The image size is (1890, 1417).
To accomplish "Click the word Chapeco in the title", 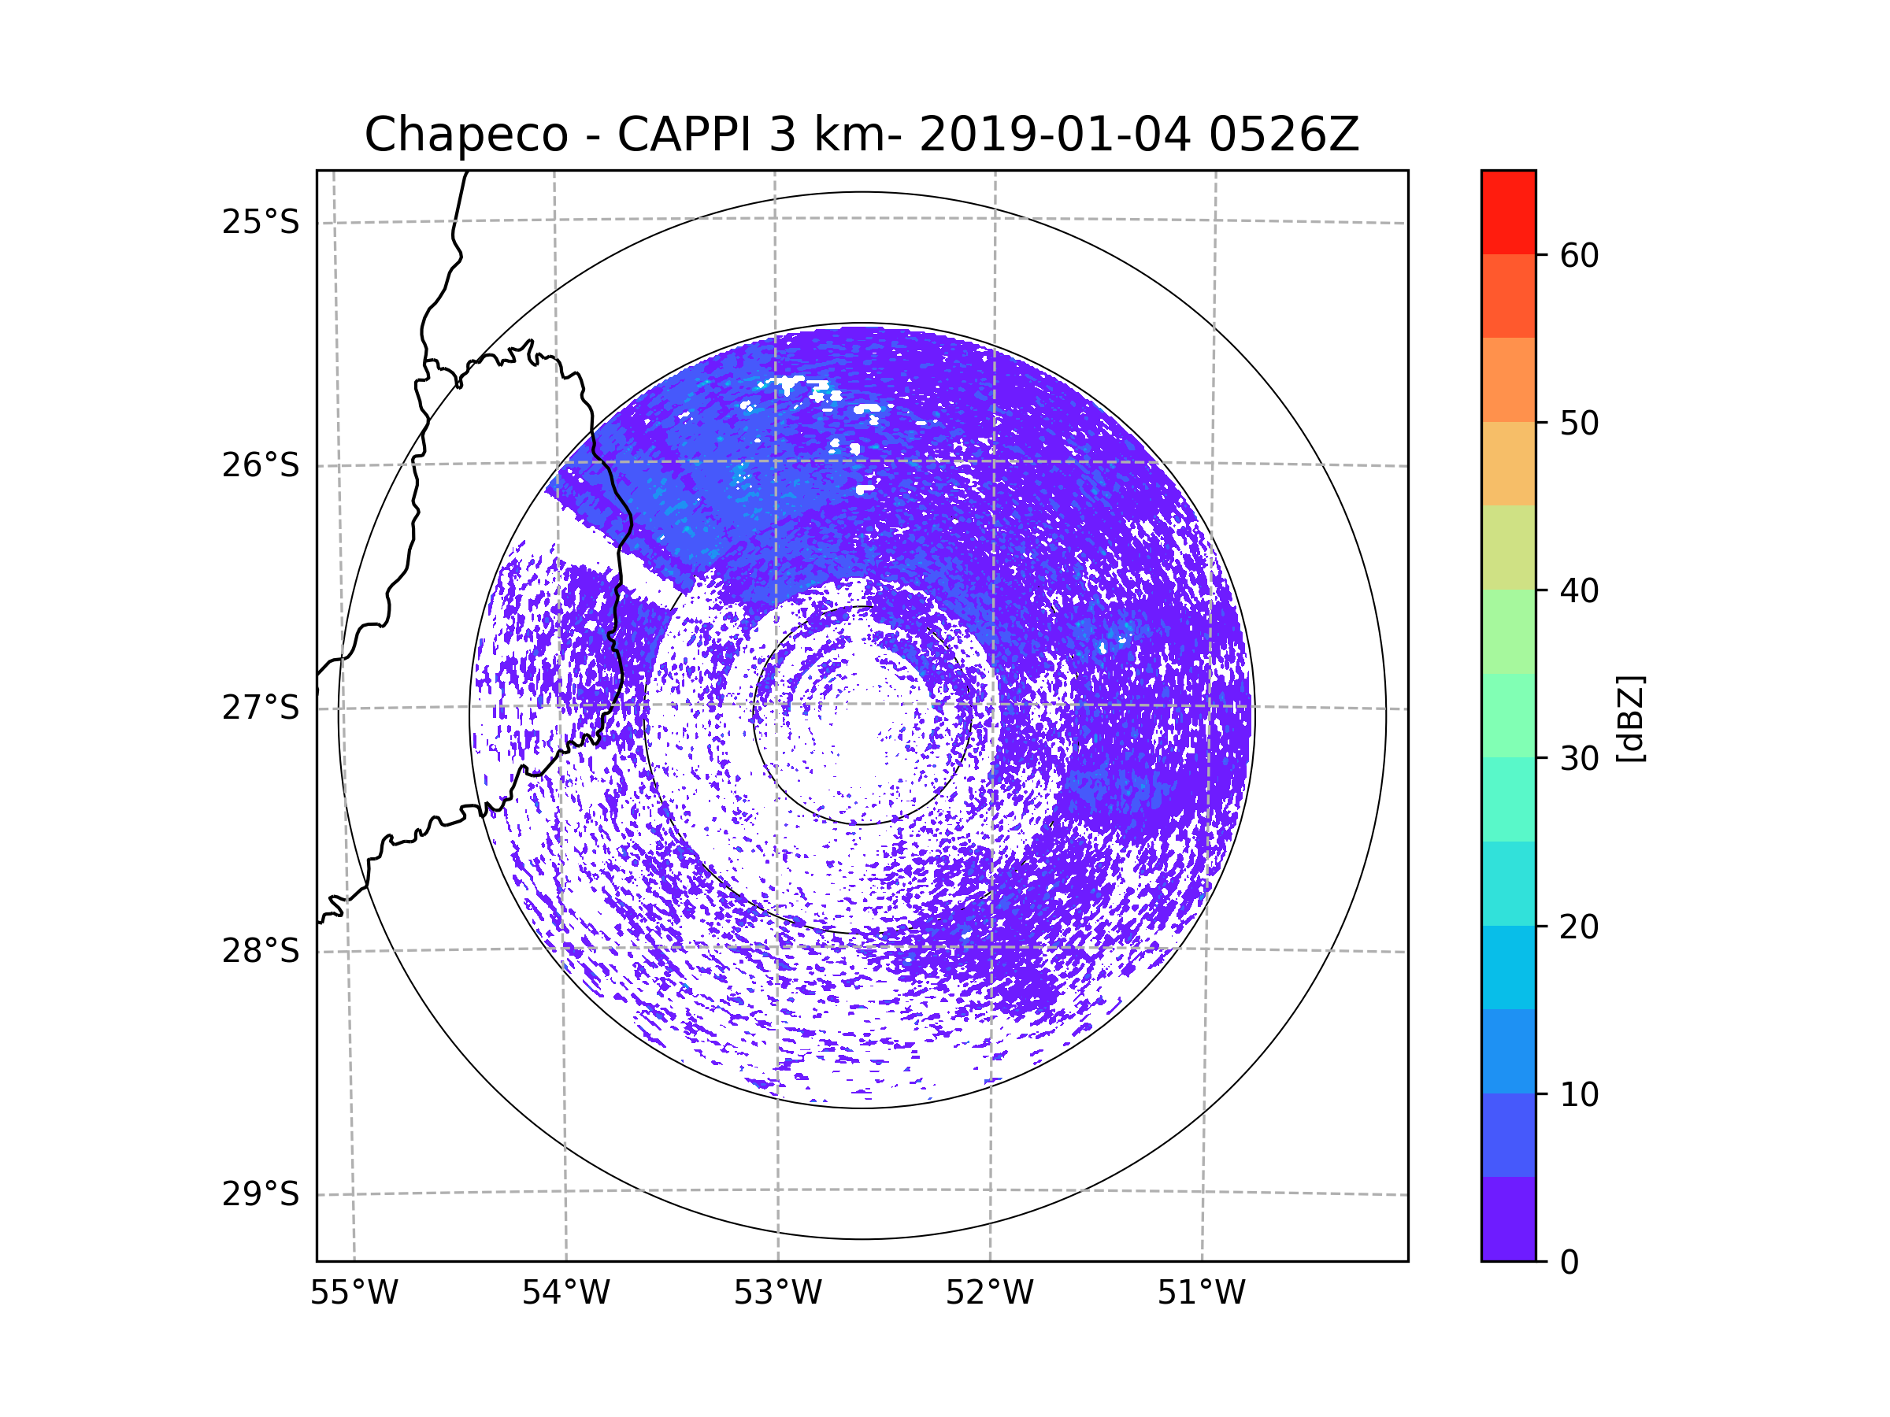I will [x=465, y=135].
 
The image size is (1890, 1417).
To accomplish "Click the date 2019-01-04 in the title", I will [x=1054, y=135].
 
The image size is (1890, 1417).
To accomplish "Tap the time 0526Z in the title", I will [x=1284, y=135].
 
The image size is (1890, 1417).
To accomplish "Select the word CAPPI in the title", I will [x=684, y=135].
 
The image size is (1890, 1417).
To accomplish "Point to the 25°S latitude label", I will [x=261, y=222].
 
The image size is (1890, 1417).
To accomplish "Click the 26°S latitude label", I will [x=261, y=465].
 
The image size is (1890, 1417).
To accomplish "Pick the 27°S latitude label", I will [x=261, y=708].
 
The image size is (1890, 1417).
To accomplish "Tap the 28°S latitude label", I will [x=261, y=951].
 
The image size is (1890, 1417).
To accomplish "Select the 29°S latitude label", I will [x=261, y=1194].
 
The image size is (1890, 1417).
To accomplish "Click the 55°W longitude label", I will [x=354, y=1293].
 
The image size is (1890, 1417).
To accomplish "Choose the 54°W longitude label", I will [x=565, y=1293].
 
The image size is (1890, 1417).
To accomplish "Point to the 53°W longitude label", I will [x=777, y=1293].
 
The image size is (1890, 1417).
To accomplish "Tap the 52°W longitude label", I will [x=989, y=1293].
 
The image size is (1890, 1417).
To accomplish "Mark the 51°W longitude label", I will [x=1201, y=1293].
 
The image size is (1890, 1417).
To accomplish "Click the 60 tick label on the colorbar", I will [x=1579, y=255].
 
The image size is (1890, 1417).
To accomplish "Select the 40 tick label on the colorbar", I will [x=1579, y=591].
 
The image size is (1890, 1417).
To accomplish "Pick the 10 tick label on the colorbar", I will [x=1579, y=1094].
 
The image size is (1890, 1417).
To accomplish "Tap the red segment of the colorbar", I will [x=1508, y=212].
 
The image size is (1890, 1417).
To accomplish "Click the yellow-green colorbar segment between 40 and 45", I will [x=1508, y=547].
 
